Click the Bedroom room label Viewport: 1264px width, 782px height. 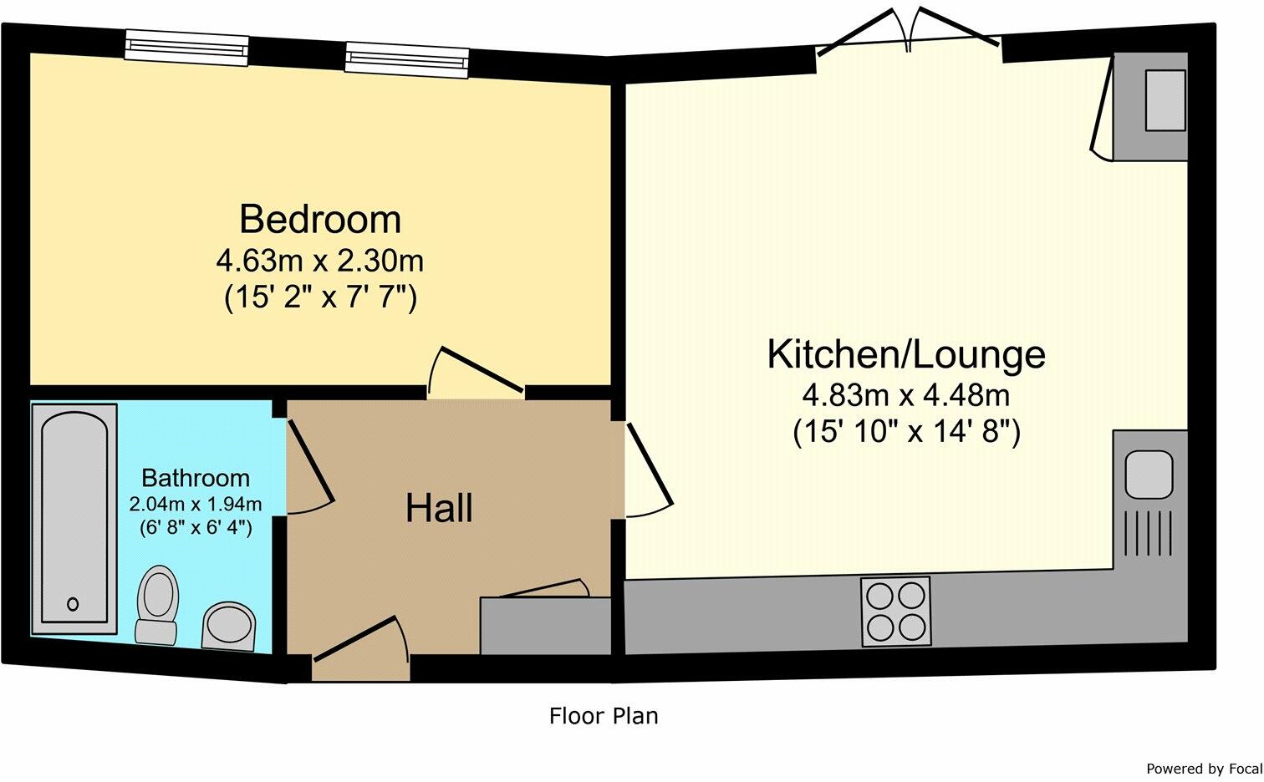click(x=320, y=220)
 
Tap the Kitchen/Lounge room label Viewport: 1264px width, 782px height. click(x=906, y=355)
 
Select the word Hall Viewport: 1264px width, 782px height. click(x=439, y=509)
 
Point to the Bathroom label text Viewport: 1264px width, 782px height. click(x=196, y=478)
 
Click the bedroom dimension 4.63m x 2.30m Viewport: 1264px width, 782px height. click(x=320, y=261)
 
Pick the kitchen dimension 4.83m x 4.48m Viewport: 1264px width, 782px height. click(x=906, y=396)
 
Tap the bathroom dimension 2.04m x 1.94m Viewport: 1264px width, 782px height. click(x=196, y=504)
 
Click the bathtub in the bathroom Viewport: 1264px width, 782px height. click(x=74, y=519)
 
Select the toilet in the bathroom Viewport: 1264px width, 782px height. click(x=157, y=606)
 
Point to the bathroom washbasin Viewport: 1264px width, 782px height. click(x=228, y=627)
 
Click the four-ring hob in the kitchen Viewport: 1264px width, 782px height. click(x=895, y=612)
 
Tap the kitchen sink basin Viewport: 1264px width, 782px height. click(x=1149, y=475)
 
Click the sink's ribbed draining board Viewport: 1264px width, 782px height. click(x=1149, y=533)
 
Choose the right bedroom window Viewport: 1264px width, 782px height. click(x=407, y=60)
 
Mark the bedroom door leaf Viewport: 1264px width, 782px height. click(x=482, y=369)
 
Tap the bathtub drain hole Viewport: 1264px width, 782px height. click(x=73, y=604)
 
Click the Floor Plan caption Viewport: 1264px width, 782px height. click(x=604, y=717)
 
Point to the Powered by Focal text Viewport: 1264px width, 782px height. click(x=1204, y=769)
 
